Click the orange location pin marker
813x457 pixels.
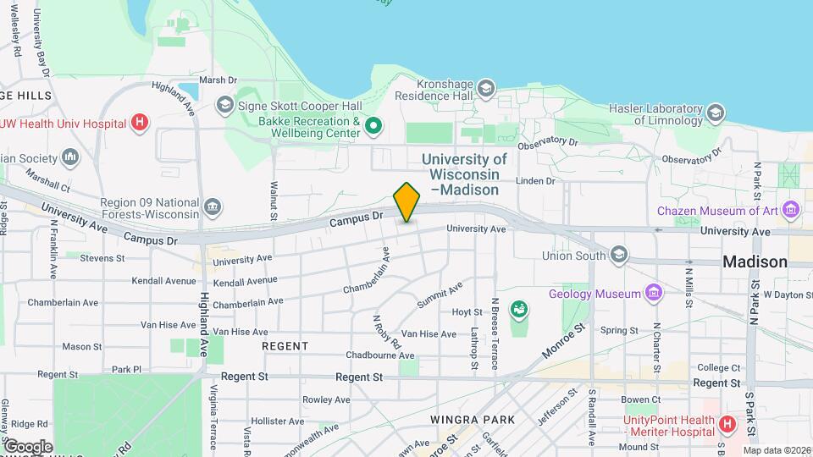pyautogui.click(x=406, y=202)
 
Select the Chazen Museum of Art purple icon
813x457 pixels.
pyautogui.click(x=792, y=209)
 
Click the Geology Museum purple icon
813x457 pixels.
pyautogui.click(x=653, y=294)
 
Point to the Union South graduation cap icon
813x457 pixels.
pyautogui.click(x=619, y=254)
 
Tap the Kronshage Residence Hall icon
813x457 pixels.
pyautogui.click(x=486, y=88)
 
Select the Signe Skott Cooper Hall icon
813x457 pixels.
pyautogui.click(x=224, y=104)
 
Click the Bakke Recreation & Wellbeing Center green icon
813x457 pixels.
pyautogui.click(x=373, y=127)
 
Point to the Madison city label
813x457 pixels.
pyautogui.click(x=755, y=262)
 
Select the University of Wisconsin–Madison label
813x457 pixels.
pyautogui.click(x=464, y=174)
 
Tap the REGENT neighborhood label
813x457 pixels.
pyautogui.click(x=285, y=346)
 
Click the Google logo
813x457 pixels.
pyautogui.click(x=27, y=446)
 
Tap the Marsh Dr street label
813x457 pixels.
pyautogui.click(x=218, y=80)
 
